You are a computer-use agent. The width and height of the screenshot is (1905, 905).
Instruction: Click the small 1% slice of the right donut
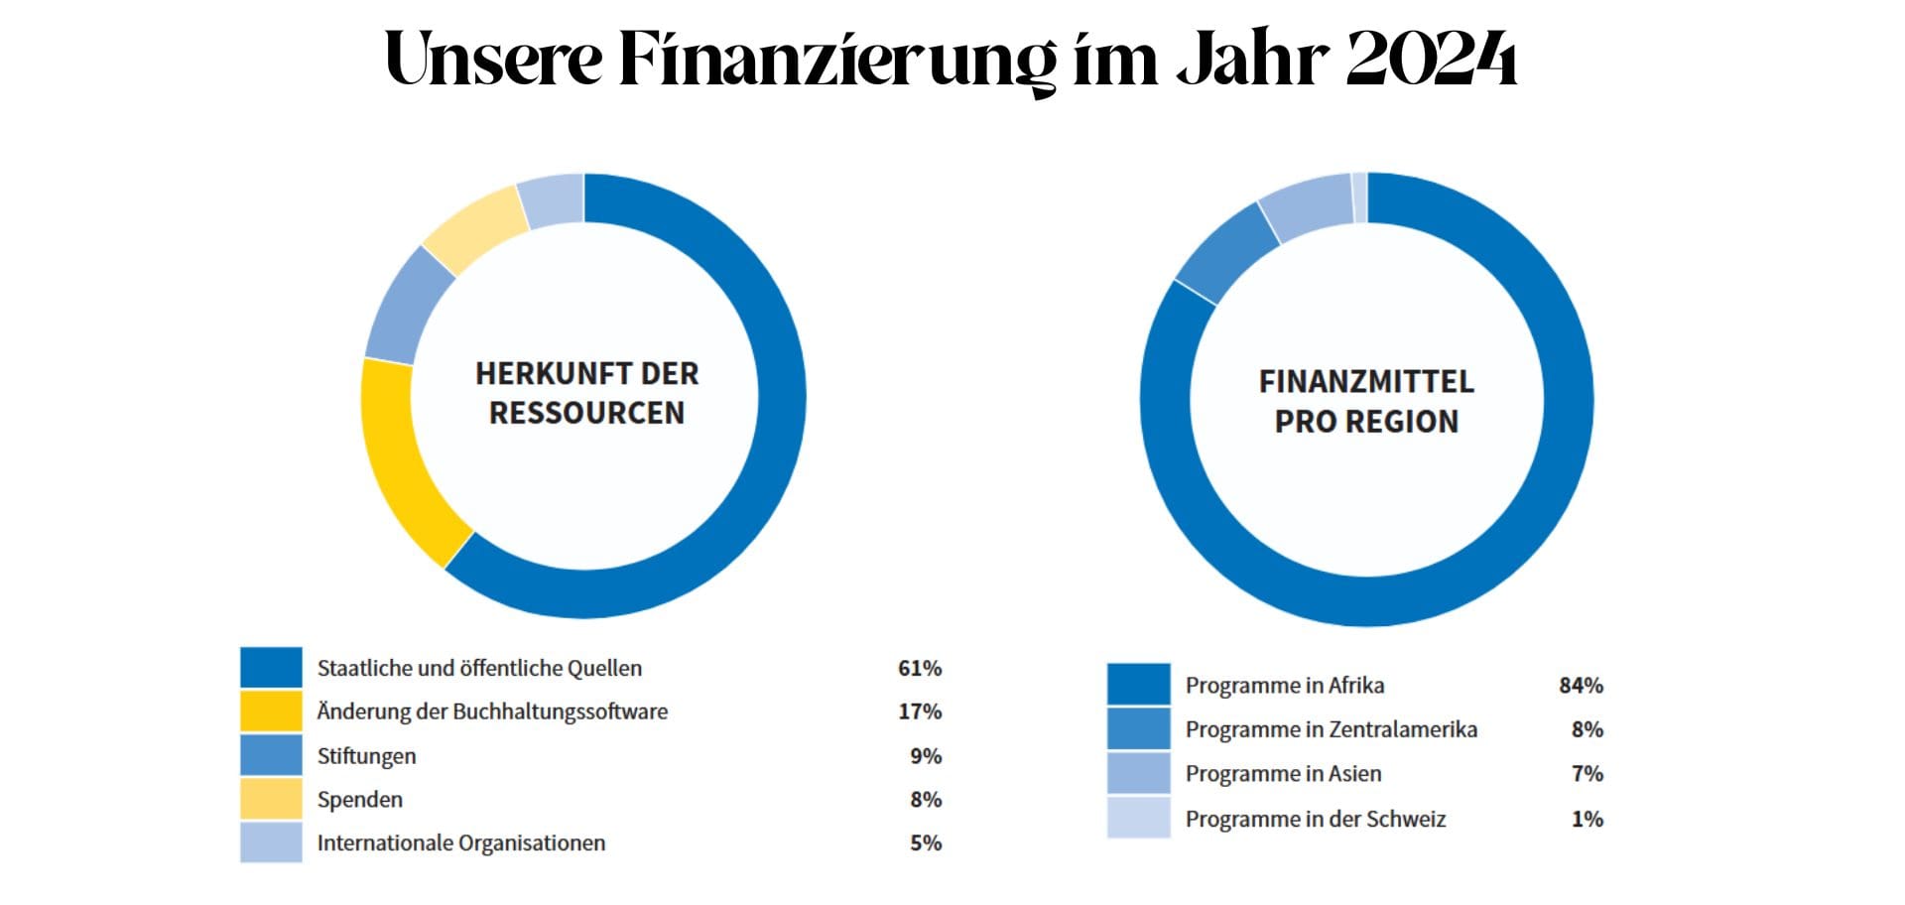(x=1359, y=196)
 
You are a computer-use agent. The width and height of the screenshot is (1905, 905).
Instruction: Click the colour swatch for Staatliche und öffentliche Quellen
(x=271, y=668)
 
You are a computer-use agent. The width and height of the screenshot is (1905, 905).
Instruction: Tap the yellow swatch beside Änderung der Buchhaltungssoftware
(x=271, y=711)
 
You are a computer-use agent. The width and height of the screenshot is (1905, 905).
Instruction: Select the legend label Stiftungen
(x=366, y=756)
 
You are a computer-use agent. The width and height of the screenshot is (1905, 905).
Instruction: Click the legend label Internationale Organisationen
(x=461, y=843)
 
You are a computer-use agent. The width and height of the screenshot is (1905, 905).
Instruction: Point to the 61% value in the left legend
(x=920, y=669)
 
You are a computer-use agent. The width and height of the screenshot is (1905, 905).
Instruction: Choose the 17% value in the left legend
(x=920, y=711)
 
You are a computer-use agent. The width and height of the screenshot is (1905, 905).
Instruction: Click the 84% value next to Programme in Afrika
(x=1581, y=686)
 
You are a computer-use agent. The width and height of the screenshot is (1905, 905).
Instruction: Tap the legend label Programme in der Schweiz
(x=1316, y=820)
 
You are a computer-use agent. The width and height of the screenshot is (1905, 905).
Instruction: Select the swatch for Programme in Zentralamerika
(x=1139, y=729)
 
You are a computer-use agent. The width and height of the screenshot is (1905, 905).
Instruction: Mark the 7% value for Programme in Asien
(x=1587, y=774)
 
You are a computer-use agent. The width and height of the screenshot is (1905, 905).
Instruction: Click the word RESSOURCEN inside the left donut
(x=586, y=413)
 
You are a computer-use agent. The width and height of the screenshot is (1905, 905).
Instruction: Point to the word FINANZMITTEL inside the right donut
(x=1366, y=382)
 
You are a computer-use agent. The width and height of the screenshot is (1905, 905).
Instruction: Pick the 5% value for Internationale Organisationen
(x=926, y=843)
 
